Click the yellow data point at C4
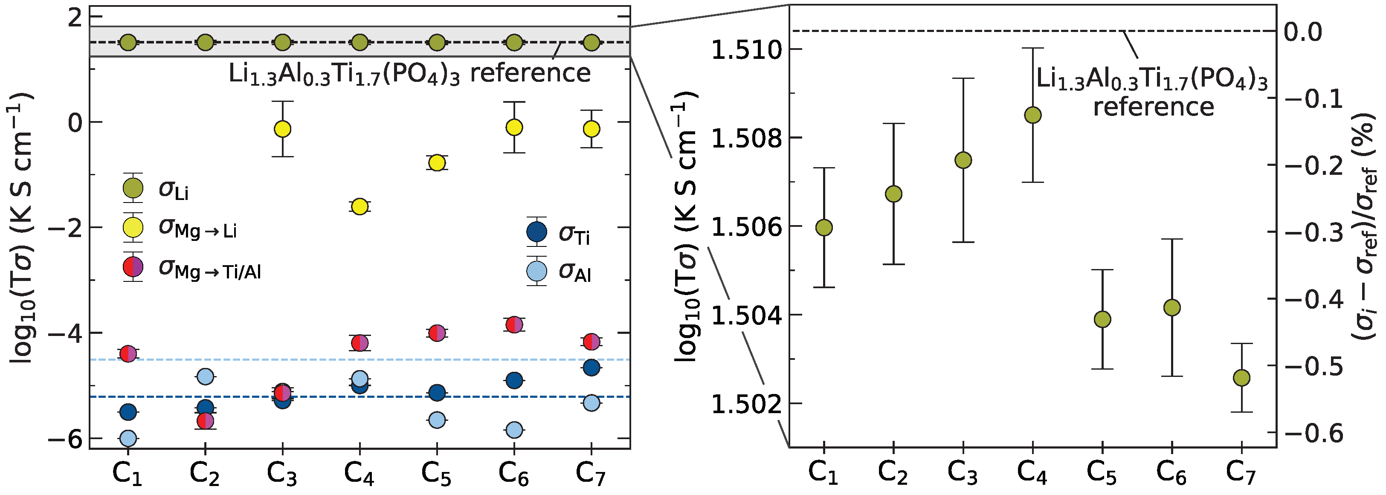[x=360, y=207]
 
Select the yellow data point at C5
[x=437, y=162]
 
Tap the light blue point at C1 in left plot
[x=128, y=438]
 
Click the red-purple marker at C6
[x=514, y=324]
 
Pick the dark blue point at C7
[x=592, y=368]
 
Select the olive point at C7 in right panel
[x=1241, y=378]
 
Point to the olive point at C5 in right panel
[x=1102, y=319]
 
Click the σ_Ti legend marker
[x=536, y=232]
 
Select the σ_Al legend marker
[x=536, y=271]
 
